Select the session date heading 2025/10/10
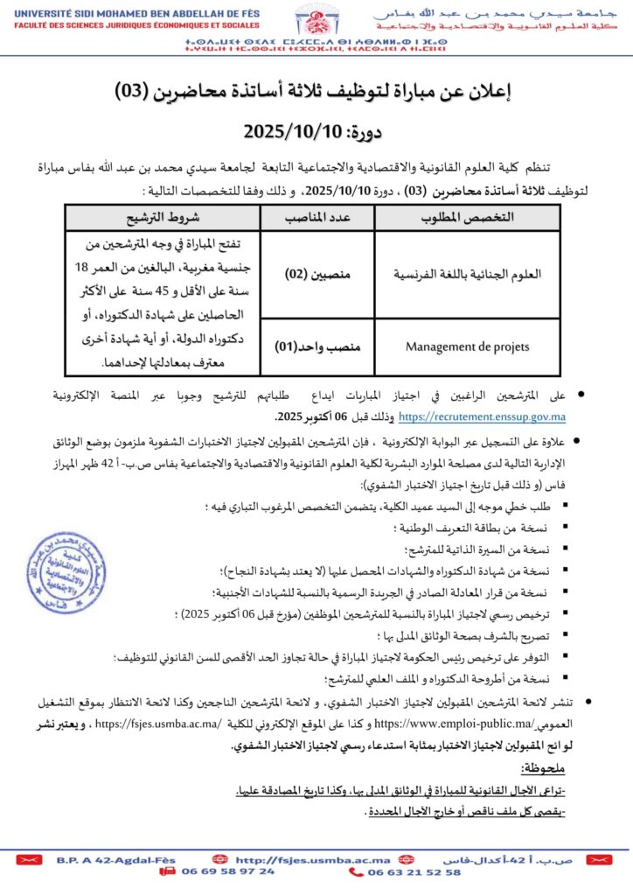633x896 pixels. click(x=316, y=132)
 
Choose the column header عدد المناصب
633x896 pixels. click(x=317, y=216)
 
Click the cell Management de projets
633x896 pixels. click(x=467, y=346)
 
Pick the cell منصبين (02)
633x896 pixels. click(x=317, y=274)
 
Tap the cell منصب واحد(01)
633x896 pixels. click(x=317, y=346)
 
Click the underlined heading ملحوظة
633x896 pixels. click(x=542, y=768)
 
